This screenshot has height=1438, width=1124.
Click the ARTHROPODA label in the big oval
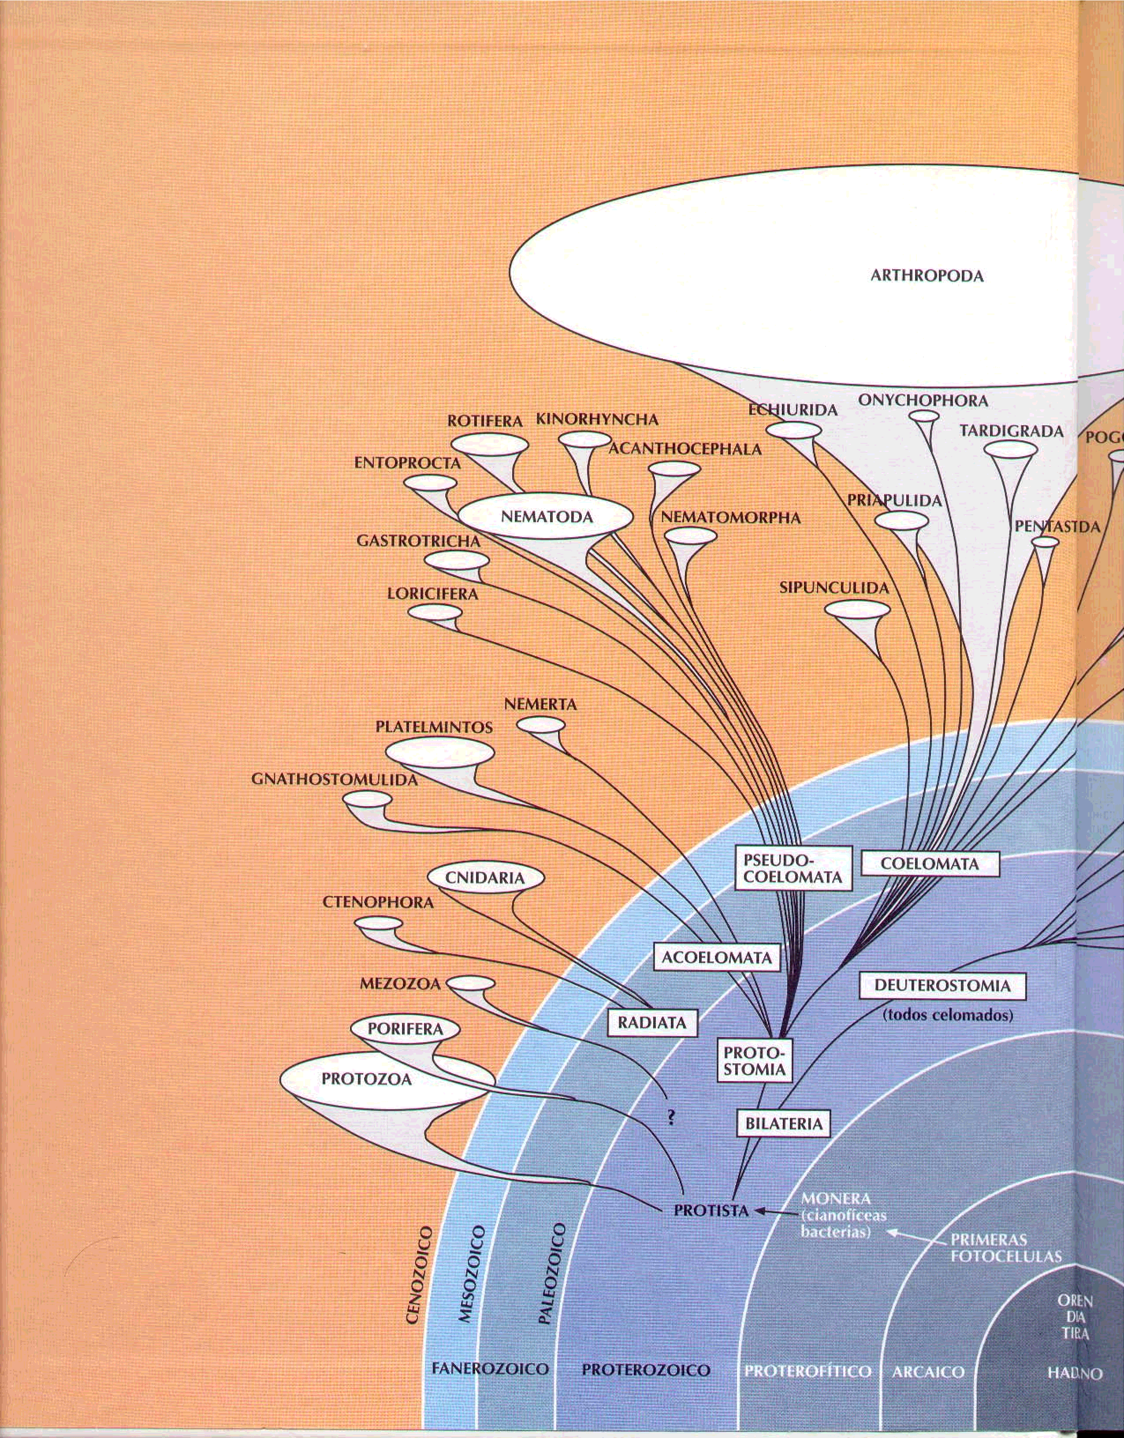[927, 276]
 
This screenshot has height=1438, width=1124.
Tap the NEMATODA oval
[546, 517]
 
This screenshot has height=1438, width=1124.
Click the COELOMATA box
[929, 864]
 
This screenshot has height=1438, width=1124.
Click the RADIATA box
[651, 1022]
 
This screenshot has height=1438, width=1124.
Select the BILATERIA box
[783, 1124]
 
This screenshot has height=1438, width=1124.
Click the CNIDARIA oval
[485, 878]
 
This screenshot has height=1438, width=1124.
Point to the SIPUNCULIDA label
[834, 588]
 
